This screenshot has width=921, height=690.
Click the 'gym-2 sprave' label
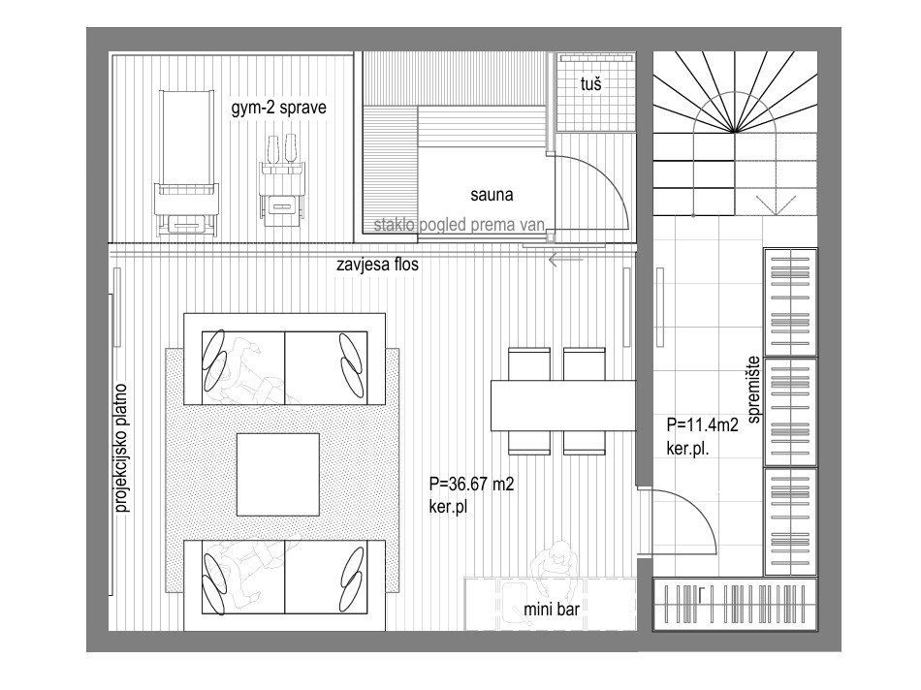(278, 108)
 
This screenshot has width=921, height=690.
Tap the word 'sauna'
(492, 195)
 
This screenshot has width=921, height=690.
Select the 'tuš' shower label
(591, 84)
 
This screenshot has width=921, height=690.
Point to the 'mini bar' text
(551, 609)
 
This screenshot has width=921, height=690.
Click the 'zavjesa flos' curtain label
(378, 265)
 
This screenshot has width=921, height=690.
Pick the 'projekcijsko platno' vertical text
(121, 448)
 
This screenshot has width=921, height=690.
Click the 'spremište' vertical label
(754, 390)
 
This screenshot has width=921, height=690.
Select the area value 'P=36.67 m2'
(472, 484)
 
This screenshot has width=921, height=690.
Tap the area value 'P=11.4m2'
(703, 424)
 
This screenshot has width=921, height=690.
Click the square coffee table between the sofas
(278, 475)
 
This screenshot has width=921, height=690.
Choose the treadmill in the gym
(185, 164)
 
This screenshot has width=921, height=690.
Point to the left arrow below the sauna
(566, 259)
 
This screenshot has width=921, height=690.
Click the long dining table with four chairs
(563, 405)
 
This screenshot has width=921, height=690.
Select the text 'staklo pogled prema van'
(460, 225)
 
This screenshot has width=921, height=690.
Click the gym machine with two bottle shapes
(282, 180)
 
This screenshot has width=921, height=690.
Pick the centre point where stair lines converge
(734, 132)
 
